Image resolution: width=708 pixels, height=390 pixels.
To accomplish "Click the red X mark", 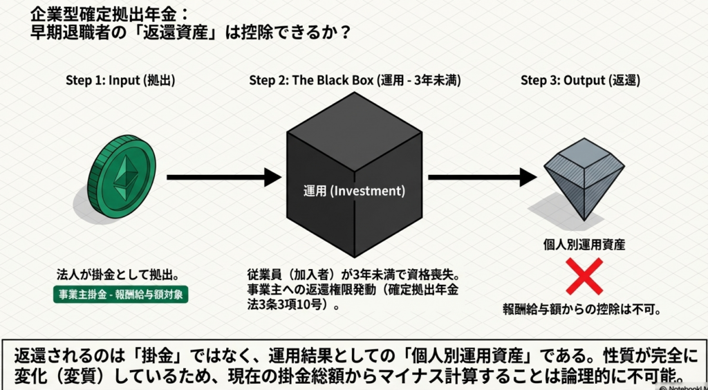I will (x=585, y=277).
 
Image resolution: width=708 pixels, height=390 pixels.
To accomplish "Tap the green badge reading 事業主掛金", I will (x=121, y=294).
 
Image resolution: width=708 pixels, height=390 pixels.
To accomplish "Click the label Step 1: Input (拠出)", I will (x=120, y=80).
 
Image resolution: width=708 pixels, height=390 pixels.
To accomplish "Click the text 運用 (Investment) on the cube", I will (x=354, y=190).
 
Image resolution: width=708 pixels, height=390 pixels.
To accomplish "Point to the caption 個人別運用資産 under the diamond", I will (x=585, y=244).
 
